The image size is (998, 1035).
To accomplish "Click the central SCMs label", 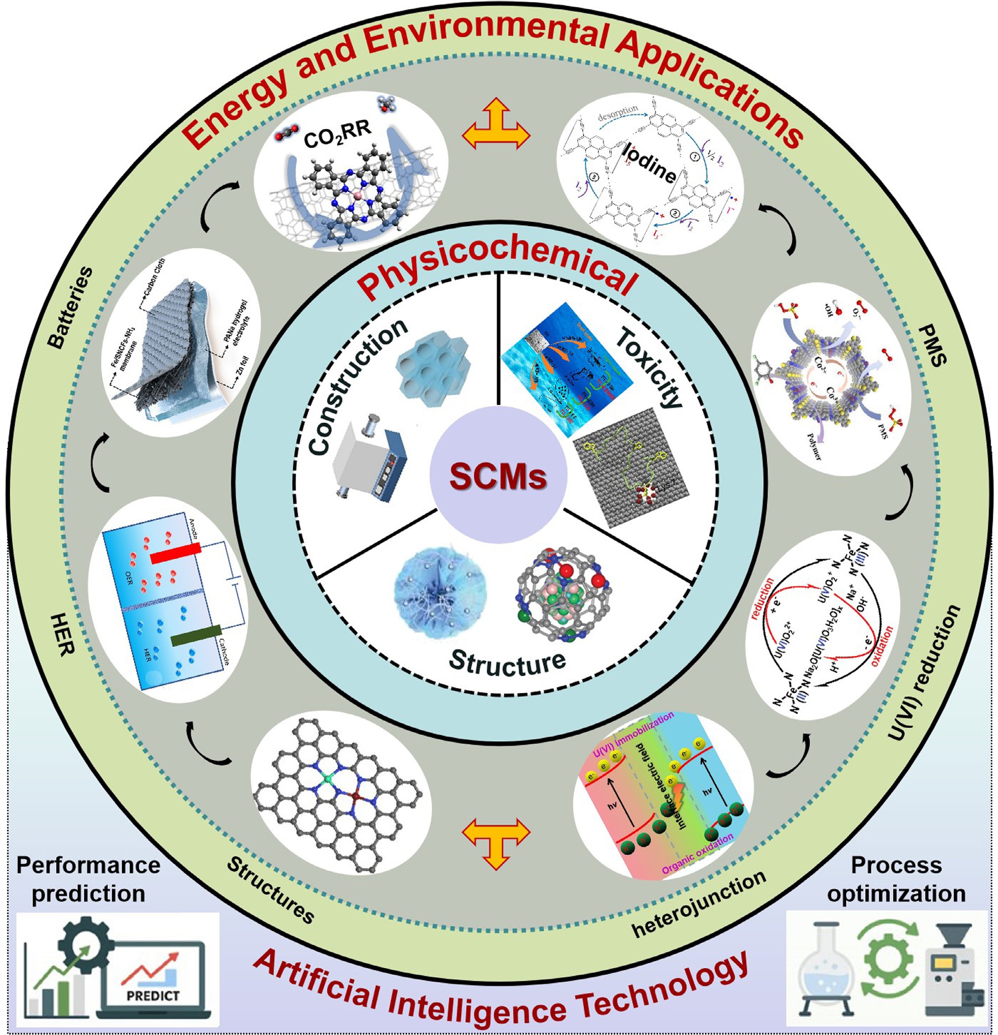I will click(x=498, y=476).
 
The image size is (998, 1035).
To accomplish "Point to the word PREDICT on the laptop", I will click(x=153, y=996).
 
